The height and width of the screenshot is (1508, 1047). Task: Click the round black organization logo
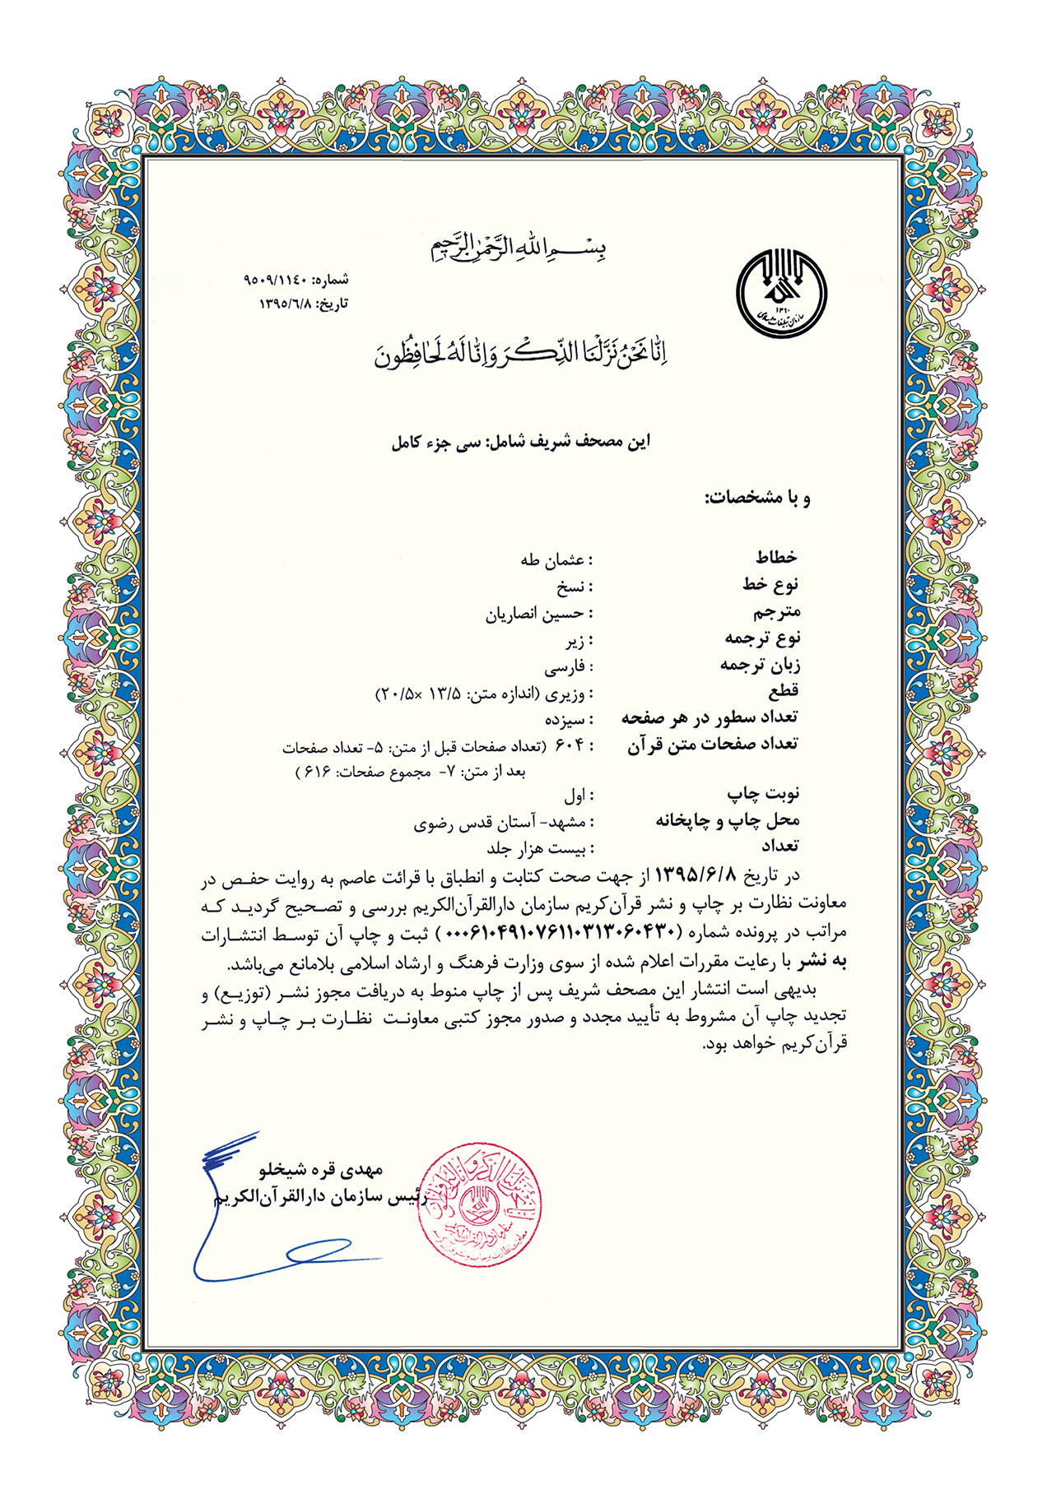point(780,295)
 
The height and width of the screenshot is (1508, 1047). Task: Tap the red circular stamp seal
point(479,1204)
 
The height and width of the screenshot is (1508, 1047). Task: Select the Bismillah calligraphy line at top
point(520,247)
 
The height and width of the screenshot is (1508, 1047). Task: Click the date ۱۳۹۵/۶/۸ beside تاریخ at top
point(286,304)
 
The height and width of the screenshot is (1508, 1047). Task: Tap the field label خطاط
point(776,558)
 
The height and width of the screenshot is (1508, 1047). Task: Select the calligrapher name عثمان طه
point(552,560)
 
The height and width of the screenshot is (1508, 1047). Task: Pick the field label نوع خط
point(770,584)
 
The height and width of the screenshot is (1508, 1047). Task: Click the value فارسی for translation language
point(564,666)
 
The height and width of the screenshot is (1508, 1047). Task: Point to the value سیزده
point(565,720)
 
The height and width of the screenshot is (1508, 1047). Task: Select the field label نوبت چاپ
point(763,793)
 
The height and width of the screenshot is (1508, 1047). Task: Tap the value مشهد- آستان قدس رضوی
point(500,822)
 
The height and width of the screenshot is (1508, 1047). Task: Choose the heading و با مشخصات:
point(757,498)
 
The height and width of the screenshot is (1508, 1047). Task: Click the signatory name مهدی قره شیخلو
point(321,1169)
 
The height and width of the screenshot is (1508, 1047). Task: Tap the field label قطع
point(783,690)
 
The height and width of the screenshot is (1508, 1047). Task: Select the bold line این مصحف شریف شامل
point(520,442)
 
